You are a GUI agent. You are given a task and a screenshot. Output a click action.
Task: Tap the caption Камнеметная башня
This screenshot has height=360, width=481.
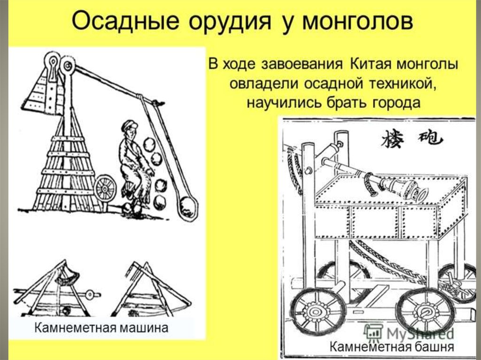tap(391, 347)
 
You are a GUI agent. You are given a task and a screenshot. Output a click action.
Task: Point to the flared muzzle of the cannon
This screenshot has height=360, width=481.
tap(419, 192)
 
